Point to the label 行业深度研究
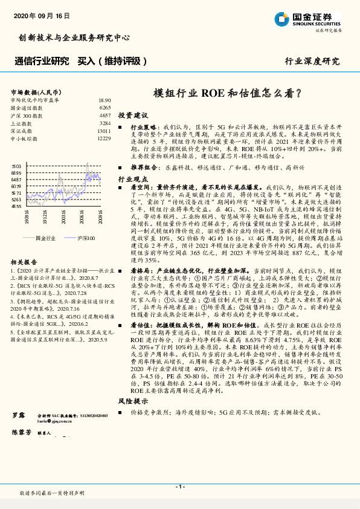(312, 61)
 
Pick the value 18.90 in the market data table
(104, 100)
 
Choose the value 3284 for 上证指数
(105, 123)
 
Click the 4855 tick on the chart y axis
(16, 206)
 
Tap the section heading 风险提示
(133, 401)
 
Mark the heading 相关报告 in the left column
(25, 262)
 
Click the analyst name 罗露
(18, 417)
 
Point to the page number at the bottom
(180, 487)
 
